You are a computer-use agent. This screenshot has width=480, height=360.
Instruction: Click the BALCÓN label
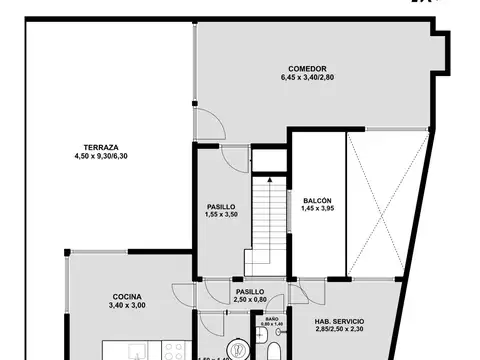(x=317, y=201)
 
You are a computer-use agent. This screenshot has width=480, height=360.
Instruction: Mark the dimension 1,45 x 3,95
(x=317, y=210)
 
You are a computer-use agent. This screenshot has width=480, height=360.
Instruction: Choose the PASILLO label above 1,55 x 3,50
(x=220, y=206)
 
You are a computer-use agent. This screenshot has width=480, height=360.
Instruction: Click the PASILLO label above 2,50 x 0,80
(x=250, y=291)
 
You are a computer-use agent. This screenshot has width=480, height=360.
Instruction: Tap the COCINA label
(x=126, y=296)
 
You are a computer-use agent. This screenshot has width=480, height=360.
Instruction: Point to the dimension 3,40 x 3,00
(x=126, y=305)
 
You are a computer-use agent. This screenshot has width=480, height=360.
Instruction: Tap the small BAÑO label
(x=272, y=318)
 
